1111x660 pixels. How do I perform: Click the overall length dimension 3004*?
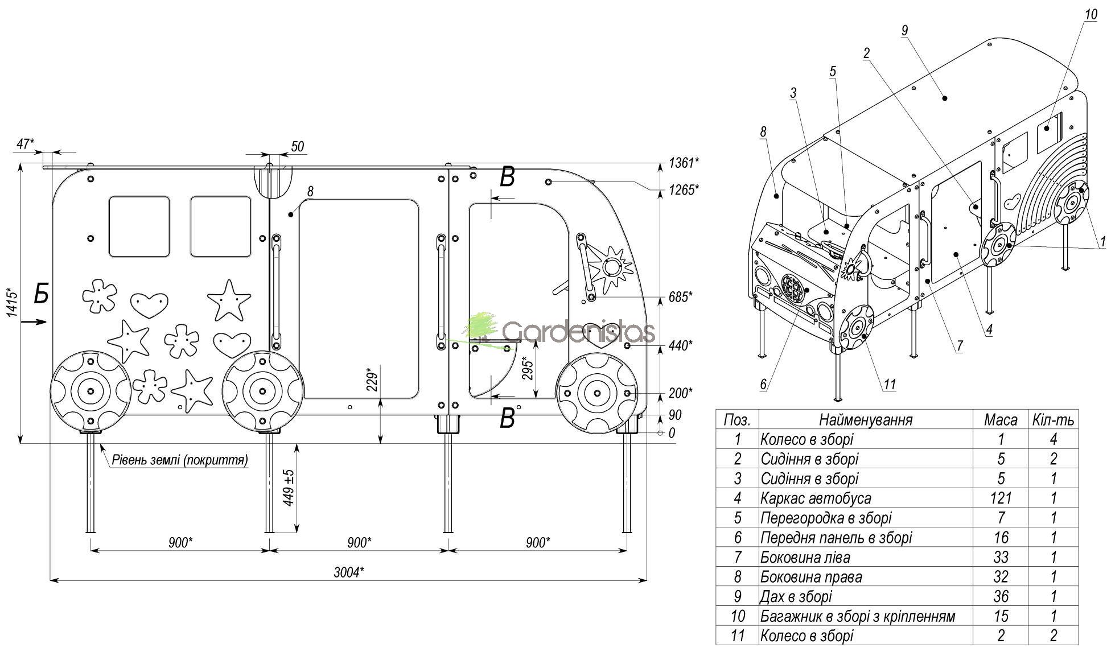tap(348, 572)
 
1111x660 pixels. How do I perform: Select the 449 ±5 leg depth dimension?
tap(289, 488)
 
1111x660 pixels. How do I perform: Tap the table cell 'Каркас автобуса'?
tap(815, 498)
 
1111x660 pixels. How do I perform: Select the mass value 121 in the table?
tap(1000, 498)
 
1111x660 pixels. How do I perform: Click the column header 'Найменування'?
tap(865, 420)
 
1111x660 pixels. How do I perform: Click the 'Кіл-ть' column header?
tap(1053, 420)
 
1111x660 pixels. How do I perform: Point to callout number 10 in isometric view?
tap(1090, 14)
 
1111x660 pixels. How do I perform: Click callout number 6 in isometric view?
tap(763, 384)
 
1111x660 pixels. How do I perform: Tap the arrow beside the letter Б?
tap(34, 322)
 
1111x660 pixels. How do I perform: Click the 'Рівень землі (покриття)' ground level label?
tap(180, 460)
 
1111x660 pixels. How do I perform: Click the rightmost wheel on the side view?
tap(596, 393)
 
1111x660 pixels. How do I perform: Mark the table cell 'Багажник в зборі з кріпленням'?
tap(857, 616)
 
